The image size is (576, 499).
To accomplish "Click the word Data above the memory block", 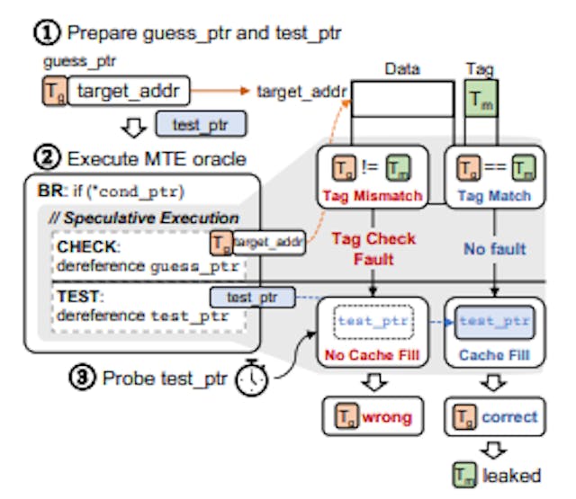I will pos(402,68).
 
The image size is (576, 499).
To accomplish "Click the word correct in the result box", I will pos(508,417).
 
